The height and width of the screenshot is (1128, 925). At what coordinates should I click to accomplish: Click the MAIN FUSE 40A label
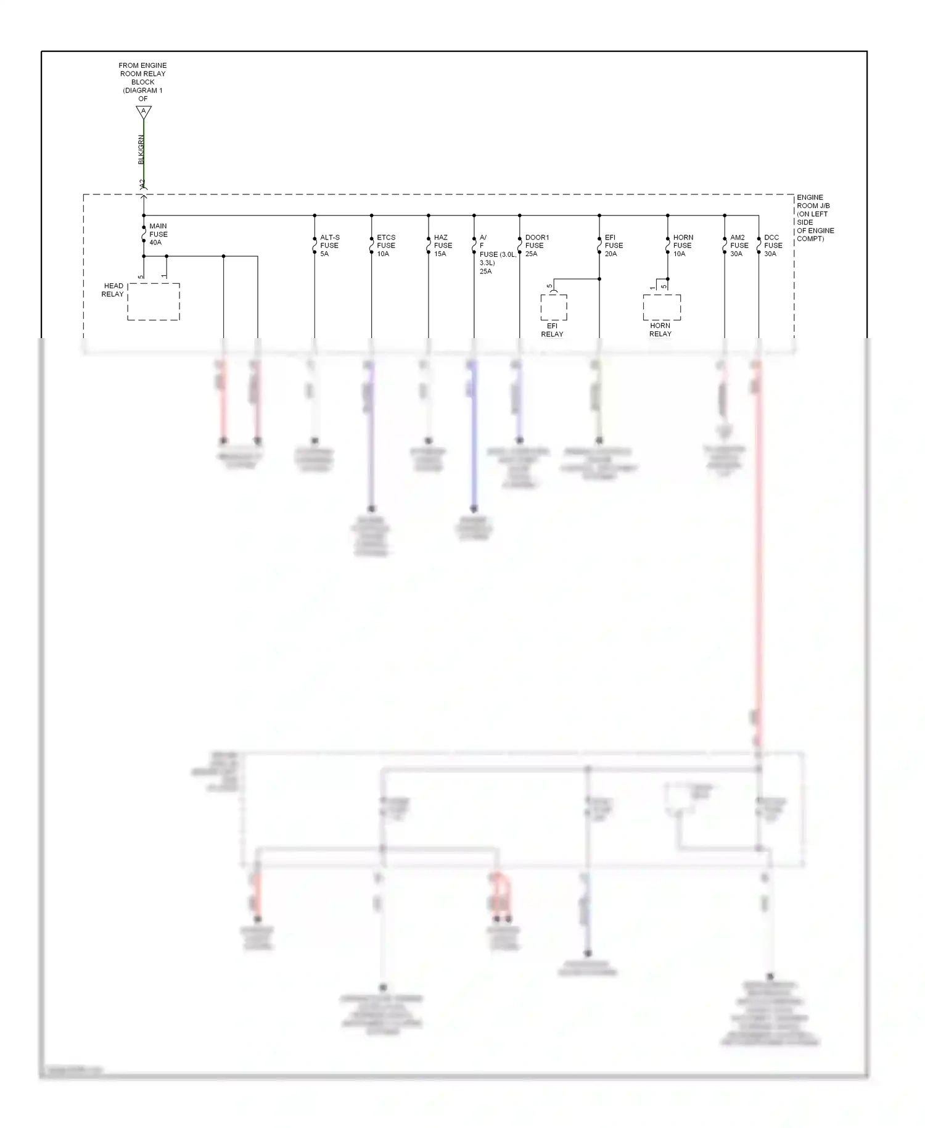[x=158, y=234]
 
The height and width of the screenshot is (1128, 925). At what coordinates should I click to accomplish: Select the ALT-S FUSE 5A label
[x=329, y=246]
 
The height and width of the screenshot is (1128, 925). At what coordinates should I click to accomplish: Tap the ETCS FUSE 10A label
[x=386, y=246]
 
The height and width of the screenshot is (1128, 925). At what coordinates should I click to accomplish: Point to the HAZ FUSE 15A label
[x=442, y=246]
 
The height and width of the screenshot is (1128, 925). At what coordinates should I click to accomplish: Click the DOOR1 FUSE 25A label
[x=536, y=246]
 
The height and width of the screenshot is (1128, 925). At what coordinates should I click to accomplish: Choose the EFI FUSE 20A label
[x=613, y=246]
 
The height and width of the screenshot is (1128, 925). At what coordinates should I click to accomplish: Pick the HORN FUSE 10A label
[x=683, y=246]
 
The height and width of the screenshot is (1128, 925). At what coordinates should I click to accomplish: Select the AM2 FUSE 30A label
[x=739, y=246]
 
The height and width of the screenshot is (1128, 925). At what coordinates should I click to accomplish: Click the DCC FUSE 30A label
[x=773, y=246]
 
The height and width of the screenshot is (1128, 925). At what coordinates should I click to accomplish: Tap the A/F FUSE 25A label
[x=490, y=254]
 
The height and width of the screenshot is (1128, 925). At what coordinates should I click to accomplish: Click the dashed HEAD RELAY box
[x=154, y=302]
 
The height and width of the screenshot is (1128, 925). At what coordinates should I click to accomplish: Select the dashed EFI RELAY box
[x=553, y=307]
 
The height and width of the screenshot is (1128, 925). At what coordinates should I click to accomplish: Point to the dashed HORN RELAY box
[x=662, y=307]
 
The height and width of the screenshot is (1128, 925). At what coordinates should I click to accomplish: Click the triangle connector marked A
[x=144, y=112]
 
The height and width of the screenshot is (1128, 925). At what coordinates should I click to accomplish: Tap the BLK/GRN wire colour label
[x=141, y=149]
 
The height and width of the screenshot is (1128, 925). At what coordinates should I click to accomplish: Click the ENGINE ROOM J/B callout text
[x=815, y=218]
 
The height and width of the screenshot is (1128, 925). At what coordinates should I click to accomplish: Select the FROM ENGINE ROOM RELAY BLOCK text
[x=142, y=81]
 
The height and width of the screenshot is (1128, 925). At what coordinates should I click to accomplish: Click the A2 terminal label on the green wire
[x=141, y=184]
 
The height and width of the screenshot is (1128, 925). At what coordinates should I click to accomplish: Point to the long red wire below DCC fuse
[x=758, y=555]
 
